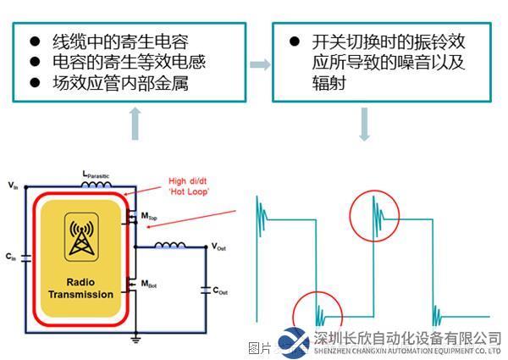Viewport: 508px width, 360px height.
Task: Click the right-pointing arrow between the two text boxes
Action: (261, 65)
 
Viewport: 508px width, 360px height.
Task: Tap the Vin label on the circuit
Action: (11, 185)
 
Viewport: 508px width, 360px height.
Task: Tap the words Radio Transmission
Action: (81, 288)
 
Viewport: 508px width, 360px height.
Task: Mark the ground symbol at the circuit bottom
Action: (135, 339)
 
